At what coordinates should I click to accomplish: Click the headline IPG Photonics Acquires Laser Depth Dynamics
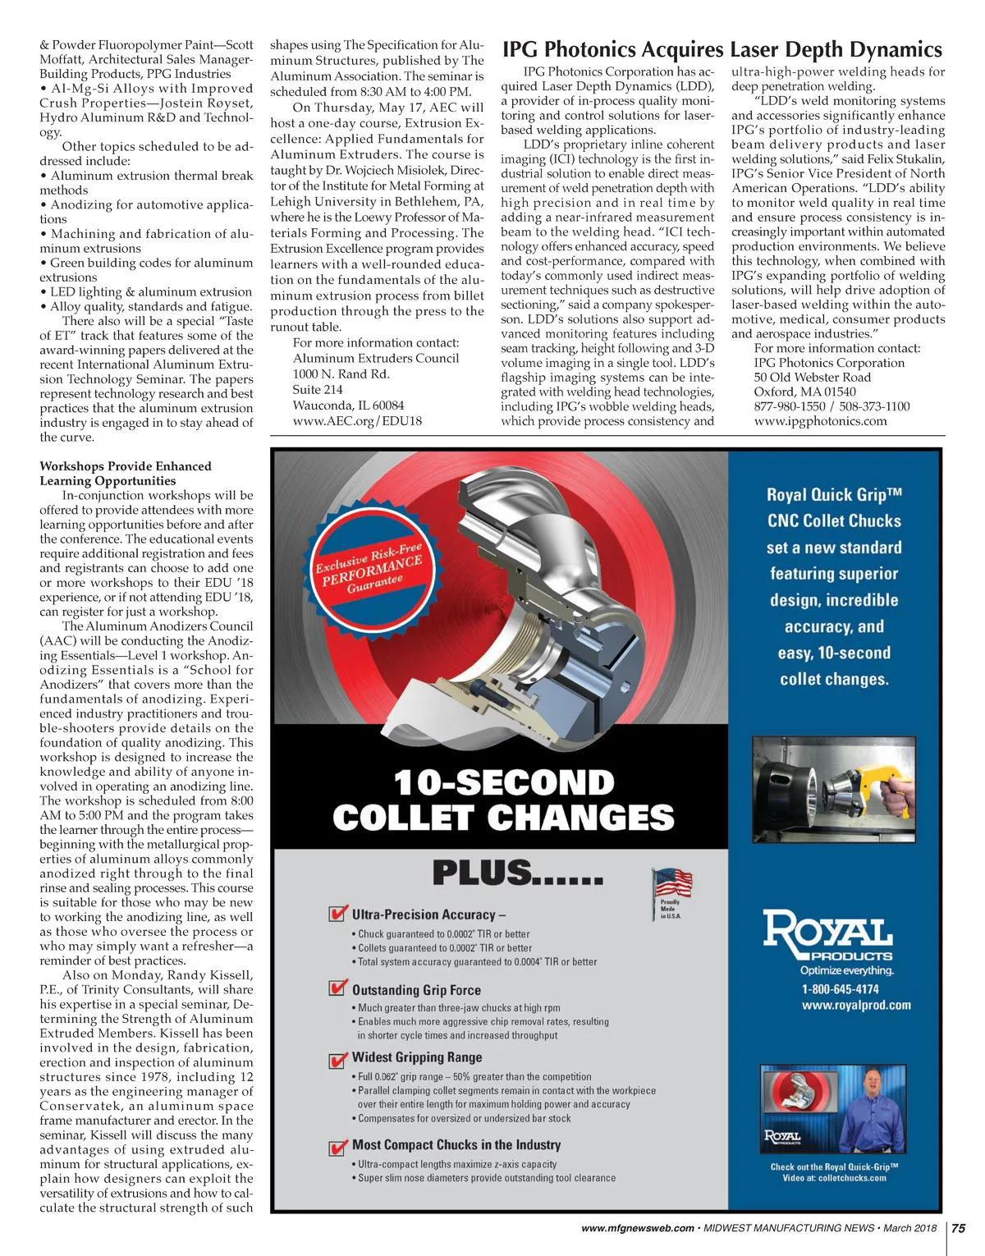(x=722, y=50)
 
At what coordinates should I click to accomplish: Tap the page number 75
(x=958, y=1228)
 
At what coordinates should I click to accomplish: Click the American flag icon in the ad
(x=672, y=884)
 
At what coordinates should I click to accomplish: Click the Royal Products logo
(x=828, y=935)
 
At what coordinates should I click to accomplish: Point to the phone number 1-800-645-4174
(x=840, y=989)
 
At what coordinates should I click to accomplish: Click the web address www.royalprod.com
(x=856, y=1005)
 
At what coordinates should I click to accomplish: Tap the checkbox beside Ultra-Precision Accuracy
(x=337, y=914)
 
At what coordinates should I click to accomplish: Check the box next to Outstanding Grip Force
(x=337, y=988)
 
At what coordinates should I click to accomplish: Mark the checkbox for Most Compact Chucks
(x=337, y=1146)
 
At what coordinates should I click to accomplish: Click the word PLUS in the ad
(x=482, y=873)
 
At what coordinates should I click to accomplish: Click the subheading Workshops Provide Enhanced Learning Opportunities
(x=126, y=474)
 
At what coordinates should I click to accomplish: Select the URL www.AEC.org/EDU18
(x=357, y=420)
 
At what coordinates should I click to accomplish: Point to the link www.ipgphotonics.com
(x=820, y=421)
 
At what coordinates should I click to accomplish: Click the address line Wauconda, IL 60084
(x=348, y=405)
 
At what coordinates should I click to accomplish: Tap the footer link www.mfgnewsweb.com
(x=637, y=1228)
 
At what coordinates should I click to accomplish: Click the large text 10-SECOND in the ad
(x=503, y=782)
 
